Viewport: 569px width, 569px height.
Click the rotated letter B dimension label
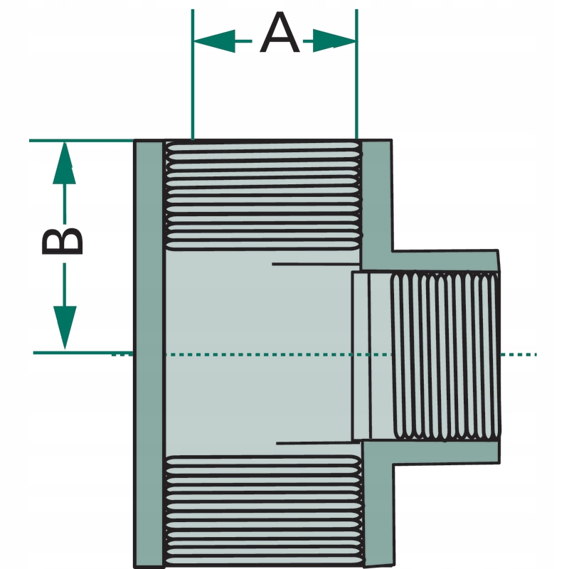(x=63, y=241)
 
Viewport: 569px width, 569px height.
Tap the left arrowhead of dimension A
(x=215, y=41)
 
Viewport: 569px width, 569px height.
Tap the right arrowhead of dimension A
(x=334, y=41)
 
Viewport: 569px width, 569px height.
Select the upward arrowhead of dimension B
(x=65, y=163)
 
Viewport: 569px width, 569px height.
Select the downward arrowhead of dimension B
(x=65, y=327)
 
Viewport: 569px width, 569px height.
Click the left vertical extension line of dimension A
(x=193, y=74)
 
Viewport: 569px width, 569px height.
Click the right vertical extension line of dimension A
(x=357, y=74)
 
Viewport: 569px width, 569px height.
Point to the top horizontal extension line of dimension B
(x=82, y=140)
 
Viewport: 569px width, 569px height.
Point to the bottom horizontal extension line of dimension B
(x=83, y=353)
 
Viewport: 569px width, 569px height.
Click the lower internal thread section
(x=263, y=510)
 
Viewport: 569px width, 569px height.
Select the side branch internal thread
(x=445, y=356)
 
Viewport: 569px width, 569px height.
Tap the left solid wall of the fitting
(x=149, y=353)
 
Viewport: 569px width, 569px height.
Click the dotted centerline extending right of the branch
(x=519, y=354)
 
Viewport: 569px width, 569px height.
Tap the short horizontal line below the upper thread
(x=316, y=264)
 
